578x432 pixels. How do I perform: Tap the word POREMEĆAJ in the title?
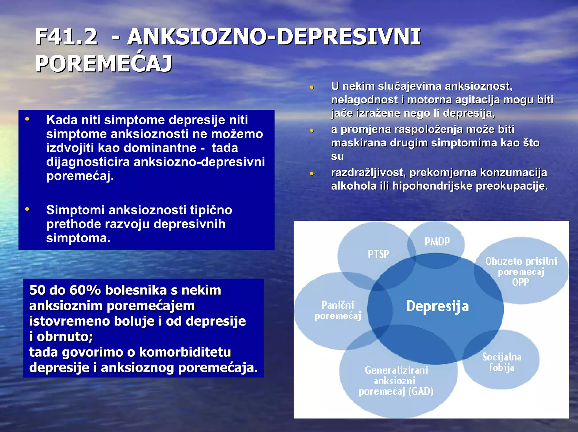[103, 64]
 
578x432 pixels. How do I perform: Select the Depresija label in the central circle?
[437, 306]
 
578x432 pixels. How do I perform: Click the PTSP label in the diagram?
[378, 254]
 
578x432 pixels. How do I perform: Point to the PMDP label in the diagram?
[437, 242]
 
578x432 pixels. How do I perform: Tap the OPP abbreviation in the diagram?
[521, 282]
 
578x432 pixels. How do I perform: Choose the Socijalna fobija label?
[502, 362]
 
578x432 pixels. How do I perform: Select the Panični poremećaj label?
[338, 310]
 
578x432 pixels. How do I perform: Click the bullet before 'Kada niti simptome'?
[27, 119]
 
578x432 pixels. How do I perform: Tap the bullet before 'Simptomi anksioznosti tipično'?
[27, 209]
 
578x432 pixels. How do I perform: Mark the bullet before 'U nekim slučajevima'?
[312, 87]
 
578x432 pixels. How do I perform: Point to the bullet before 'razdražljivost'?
[312, 174]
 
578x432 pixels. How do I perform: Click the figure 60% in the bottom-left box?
[85, 290]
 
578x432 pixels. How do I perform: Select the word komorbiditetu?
[185, 352]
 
